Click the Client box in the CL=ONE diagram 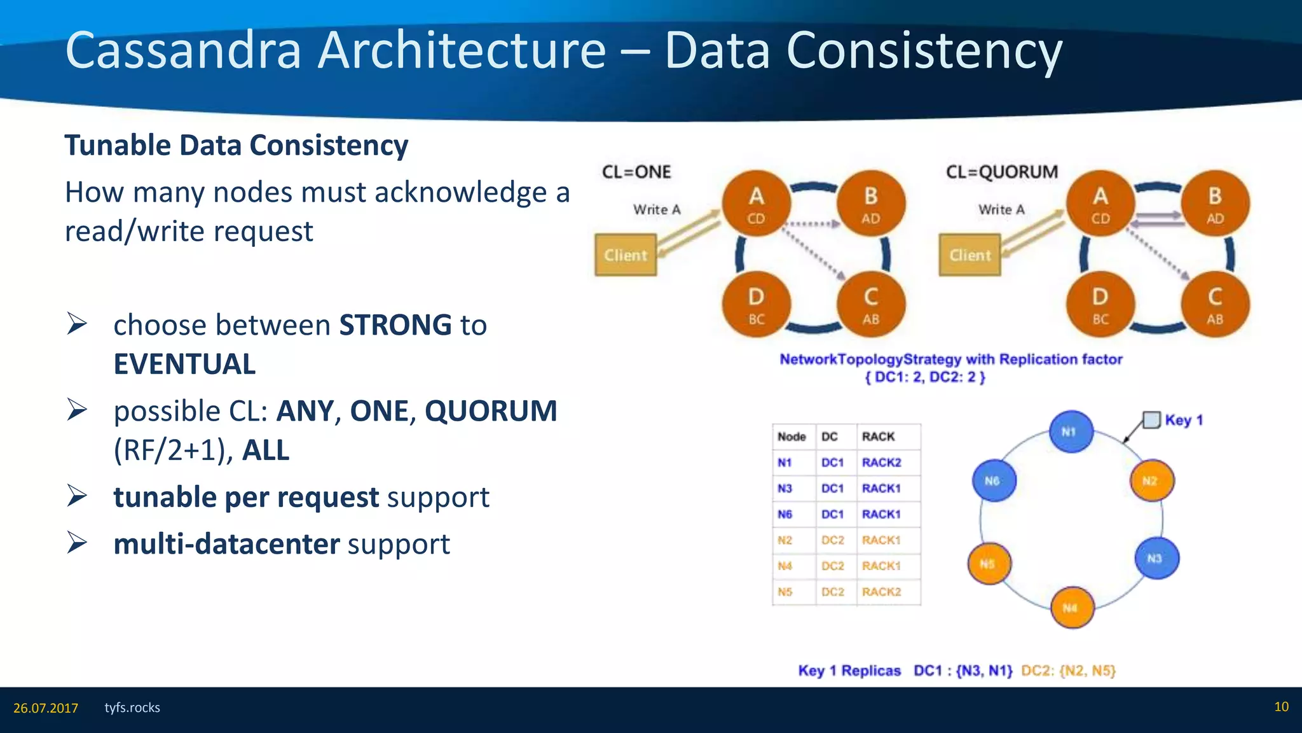(626, 255)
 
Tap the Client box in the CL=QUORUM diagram (970, 255)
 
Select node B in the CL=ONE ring (870, 204)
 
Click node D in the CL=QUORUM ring (1100, 305)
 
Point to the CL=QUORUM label (1002, 172)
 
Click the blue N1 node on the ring (1071, 431)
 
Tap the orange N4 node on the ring (1072, 608)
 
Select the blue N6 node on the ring (994, 480)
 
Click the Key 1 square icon (1151, 420)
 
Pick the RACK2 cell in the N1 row (881, 463)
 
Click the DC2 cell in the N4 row (832, 566)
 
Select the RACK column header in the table (878, 436)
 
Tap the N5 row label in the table (785, 592)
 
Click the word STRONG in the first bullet (395, 325)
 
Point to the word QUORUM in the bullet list (491, 411)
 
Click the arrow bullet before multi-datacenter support (77, 543)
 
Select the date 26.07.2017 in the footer (46, 708)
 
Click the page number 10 (1281, 707)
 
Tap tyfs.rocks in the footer (132, 708)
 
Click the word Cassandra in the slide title (183, 51)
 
